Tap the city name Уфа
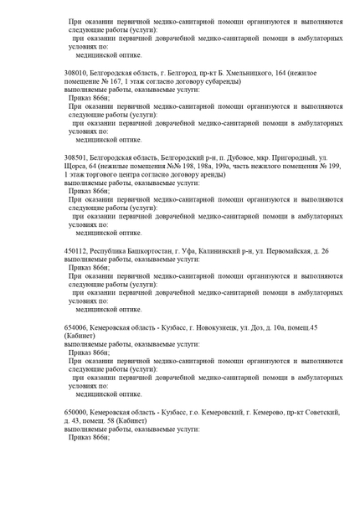(187, 250)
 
